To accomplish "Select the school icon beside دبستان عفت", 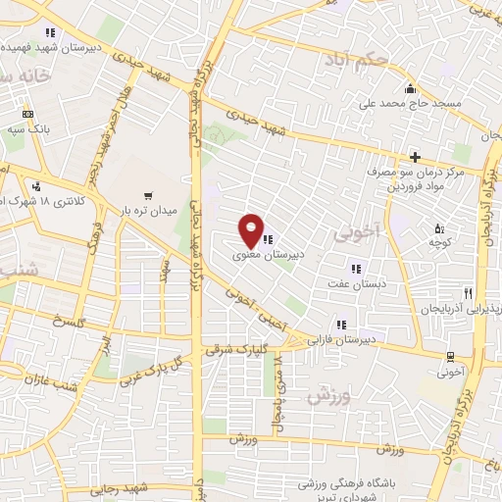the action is point(356,268).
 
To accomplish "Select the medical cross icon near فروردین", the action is point(415,157).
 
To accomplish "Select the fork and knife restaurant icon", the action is point(469,293).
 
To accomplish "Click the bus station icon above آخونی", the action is point(449,356).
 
